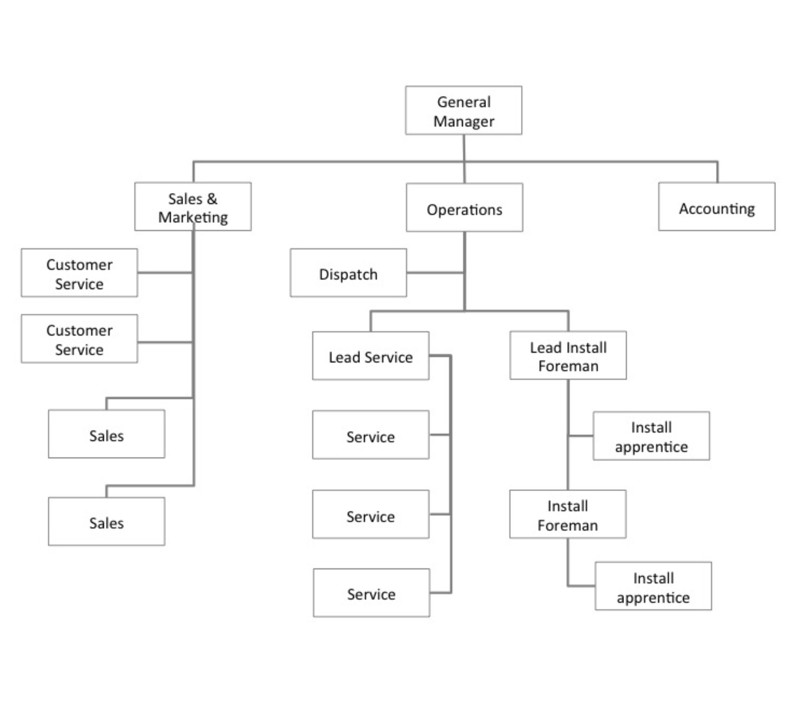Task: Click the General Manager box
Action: pyautogui.click(x=464, y=110)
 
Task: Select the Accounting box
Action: pyautogui.click(x=717, y=206)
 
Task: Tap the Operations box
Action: pyautogui.click(x=464, y=207)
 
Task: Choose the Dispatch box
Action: pyautogui.click(x=348, y=272)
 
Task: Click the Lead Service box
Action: pyautogui.click(x=371, y=356)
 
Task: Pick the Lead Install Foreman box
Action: pyautogui.click(x=568, y=355)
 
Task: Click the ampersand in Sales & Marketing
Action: pyautogui.click(x=212, y=199)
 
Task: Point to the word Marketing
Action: pyautogui.click(x=193, y=217)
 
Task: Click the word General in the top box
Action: pyautogui.click(x=464, y=102)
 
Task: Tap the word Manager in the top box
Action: pyautogui.click(x=464, y=121)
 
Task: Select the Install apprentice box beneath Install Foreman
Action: pyautogui.click(x=653, y=586)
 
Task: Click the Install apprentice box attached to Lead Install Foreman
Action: pyautogui.click(x=651, y=436)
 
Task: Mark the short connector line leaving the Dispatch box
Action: pyautogui.click(x=435, y=273)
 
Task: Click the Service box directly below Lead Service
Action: pyautogui.click(x=371, y=435)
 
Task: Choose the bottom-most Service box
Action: pyautogui.click(x=372, y=593)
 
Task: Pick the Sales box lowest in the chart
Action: pyautogui.click(x=106, y=521)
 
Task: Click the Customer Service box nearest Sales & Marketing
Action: pyautogui.click(x=79, y=272)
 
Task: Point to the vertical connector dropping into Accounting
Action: pyautogui.click(x=717, y=172)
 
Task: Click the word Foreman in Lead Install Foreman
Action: pyautogui.click(x=568, y=366)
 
